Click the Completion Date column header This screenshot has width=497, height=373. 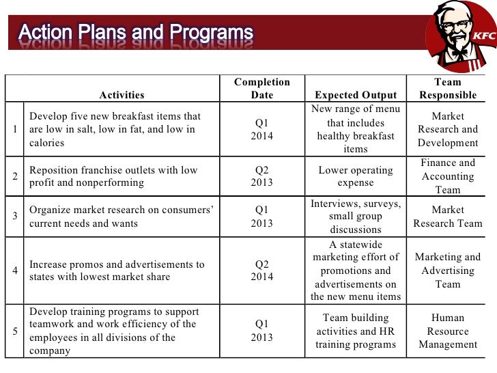pos(261,89)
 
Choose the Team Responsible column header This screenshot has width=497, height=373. pos(448,89)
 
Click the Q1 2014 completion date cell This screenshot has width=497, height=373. pos(261,130)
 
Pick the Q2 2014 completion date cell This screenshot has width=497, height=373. pos(261,270)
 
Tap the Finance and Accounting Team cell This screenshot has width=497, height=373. pos(448,176)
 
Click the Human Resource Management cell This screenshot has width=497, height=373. pos(448,331)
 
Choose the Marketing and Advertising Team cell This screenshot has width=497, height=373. pos(448,270)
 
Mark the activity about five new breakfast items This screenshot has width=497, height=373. pos(113,130)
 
